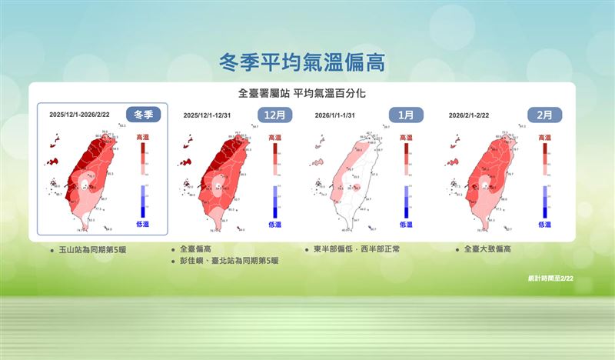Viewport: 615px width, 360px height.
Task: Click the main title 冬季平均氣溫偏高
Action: coord(301,62)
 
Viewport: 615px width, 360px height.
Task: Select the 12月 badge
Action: coord(274,115)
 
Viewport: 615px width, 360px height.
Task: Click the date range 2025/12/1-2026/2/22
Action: coord(80,115)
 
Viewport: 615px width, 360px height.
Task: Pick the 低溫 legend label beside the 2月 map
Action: coord(544,225)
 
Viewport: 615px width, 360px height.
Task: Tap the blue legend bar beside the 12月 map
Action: coord(274,202)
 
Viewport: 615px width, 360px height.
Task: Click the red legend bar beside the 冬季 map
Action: coord(143,159)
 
